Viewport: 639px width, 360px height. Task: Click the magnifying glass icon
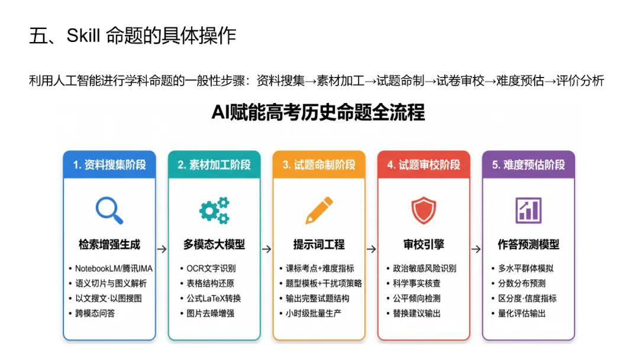click(109, 210)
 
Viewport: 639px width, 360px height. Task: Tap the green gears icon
click(214, 210)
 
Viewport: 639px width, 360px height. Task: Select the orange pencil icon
click(319, 210)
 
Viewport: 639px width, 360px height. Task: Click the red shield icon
click(424, 210)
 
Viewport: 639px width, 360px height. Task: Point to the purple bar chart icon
click(528, 210)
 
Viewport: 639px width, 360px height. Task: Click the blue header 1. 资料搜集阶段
click(109, 165)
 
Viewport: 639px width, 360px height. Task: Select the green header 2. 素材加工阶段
click(214, 165)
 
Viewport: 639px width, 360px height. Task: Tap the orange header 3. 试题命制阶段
click(319, 165)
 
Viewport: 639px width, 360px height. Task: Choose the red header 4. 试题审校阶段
click(424, 165)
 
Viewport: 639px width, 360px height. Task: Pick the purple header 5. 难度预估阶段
click(528, 165)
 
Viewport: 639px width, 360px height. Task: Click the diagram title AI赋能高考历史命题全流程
click(318, 112)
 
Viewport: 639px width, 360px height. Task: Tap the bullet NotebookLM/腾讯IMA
click(114, 268)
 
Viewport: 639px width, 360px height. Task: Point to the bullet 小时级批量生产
click(313, 313)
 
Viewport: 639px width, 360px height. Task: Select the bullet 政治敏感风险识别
click(424, 268)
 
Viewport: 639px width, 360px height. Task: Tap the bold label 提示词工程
click(319, 245)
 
